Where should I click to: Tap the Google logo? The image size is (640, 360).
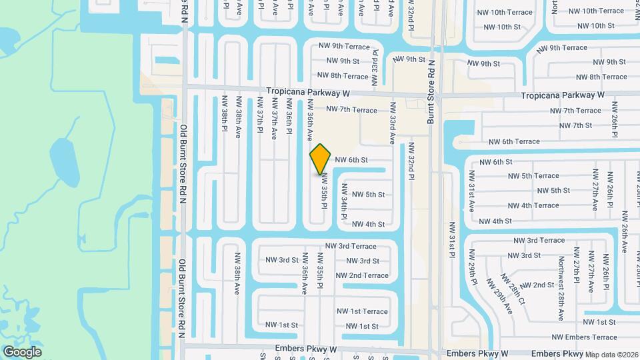click(x=23, y=351)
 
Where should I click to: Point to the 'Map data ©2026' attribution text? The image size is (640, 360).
click(x=612, y=355)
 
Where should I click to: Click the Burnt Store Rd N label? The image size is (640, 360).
click(x=431, y=91)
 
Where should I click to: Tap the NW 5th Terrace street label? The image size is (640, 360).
click(x=531, y=176)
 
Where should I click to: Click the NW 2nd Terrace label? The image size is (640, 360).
click(x=362, y=275)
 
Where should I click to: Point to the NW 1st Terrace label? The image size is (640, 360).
click(x=362, y=311)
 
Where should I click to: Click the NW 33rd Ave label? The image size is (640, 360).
click(x=393, y=123)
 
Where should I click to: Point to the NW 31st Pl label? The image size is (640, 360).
click(x=451, y=240)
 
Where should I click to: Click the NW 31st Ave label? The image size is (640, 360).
click(x=471, y=191)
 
